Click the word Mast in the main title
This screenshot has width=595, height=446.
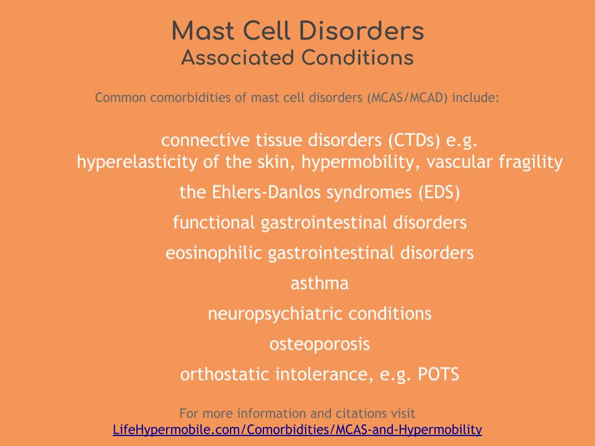coord(203,30)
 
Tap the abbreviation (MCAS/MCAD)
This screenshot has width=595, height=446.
coord(407,98)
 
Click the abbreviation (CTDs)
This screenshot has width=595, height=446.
coord(414,141)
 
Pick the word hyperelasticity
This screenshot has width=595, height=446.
coord(137,162)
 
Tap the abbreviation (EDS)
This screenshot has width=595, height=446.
coord(439,192)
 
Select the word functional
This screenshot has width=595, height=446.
coord(214,222)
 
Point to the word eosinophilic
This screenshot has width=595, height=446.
coord(214,253)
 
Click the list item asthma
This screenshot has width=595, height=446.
coord(320,283)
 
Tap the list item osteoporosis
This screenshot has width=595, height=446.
coord(320,344)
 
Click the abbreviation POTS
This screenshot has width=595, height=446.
coord(438,374)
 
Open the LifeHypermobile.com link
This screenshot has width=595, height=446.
coord(297,430)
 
